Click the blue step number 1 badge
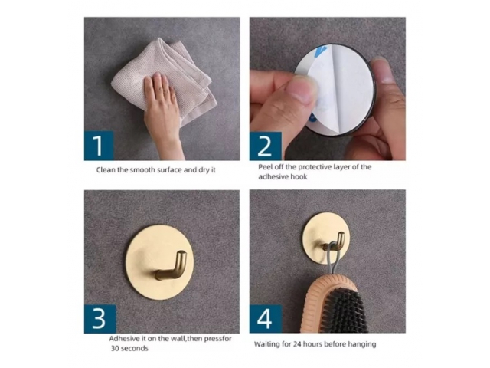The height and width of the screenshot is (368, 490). [99, 146]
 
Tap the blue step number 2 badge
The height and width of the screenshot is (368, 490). [266, 146]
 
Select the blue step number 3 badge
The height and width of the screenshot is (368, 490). [100, 319]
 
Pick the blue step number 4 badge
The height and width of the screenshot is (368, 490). [266, 319]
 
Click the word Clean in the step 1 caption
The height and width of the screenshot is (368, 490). [106, 170]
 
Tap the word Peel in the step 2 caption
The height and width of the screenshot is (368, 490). [265, 167]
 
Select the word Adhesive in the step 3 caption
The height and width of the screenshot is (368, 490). [125, 339]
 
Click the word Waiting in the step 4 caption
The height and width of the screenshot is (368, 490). [266, 344]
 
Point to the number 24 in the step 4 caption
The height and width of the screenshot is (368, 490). [297, 344]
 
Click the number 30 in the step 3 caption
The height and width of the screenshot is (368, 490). [115, 348]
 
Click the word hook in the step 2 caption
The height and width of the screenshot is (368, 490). [299, 177]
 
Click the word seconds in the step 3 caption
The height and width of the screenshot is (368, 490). [135, 348]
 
